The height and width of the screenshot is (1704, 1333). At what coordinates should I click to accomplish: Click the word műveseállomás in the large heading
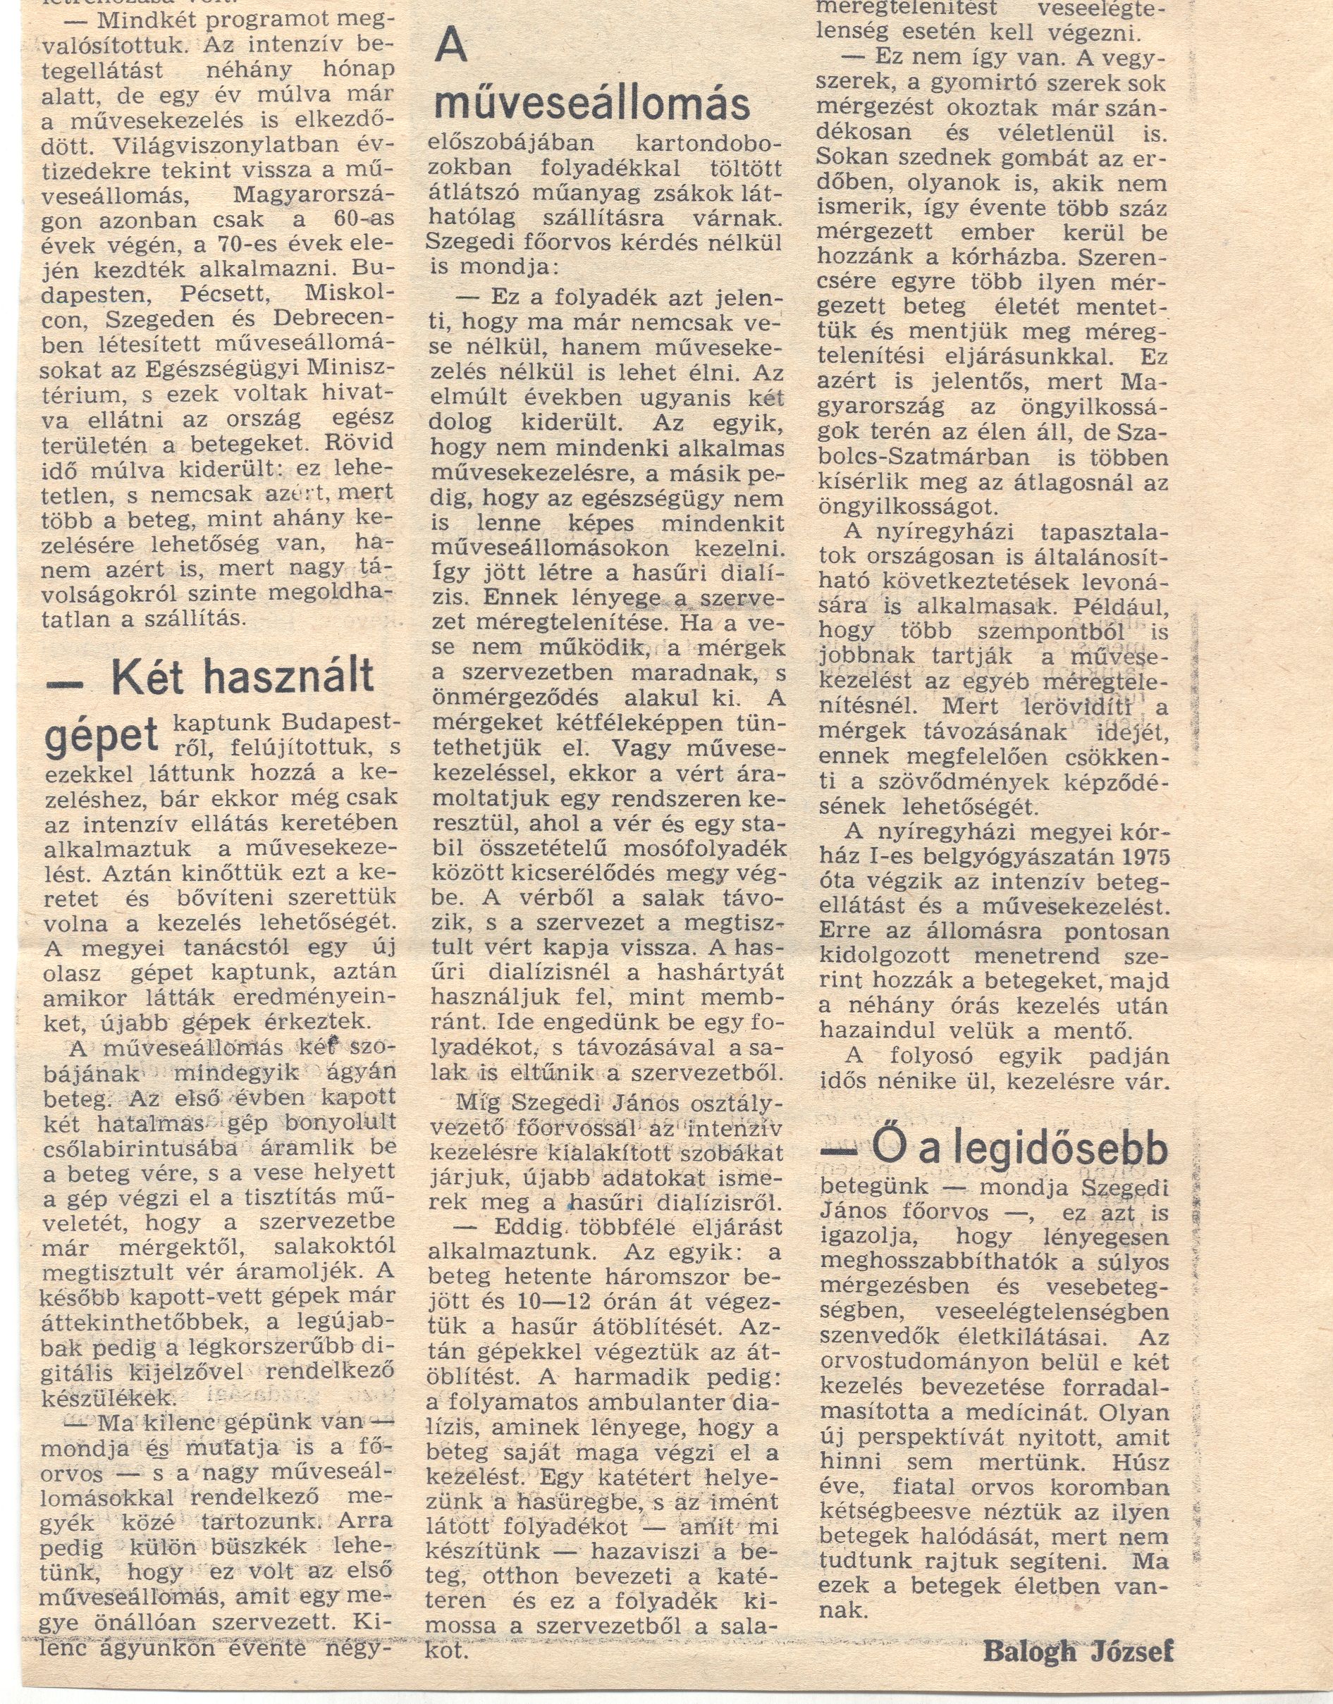tap(591, 103)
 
